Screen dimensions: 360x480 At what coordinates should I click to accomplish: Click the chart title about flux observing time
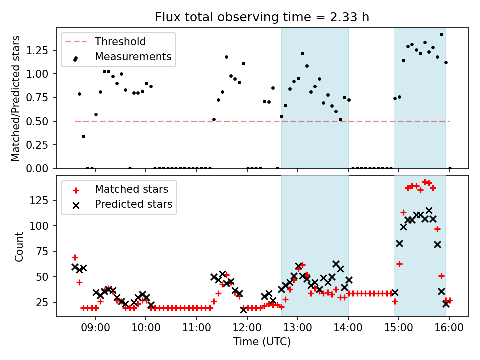[x=262, y=17]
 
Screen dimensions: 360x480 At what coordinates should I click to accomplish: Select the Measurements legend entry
[x=133, y=57]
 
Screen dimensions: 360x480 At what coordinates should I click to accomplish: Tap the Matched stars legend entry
[x=131, y=189]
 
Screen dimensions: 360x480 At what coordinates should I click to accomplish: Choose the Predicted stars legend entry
[x=133, y=204]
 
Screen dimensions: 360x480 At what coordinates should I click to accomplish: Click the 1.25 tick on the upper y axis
[x=40, y=50]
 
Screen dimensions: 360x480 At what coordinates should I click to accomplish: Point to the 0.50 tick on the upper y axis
[x=40, y=121]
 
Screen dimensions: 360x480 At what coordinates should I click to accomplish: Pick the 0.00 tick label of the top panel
[x=40, y=168]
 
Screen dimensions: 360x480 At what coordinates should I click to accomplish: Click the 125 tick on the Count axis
[x=43, y=200]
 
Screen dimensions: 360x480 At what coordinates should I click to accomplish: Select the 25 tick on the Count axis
[x=45, y=302]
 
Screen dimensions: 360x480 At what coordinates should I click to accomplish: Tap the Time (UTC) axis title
[x=262, y=342]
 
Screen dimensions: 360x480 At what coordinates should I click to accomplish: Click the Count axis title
[x=19, y=246]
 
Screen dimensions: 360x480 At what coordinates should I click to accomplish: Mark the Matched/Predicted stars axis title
[x=16, y=98]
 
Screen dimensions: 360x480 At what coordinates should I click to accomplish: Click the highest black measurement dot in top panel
[x=441, y=35]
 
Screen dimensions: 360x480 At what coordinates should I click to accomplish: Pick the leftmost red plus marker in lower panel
[x=75, y=257]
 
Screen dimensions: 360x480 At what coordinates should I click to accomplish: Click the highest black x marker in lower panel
[x=429, y=210]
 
